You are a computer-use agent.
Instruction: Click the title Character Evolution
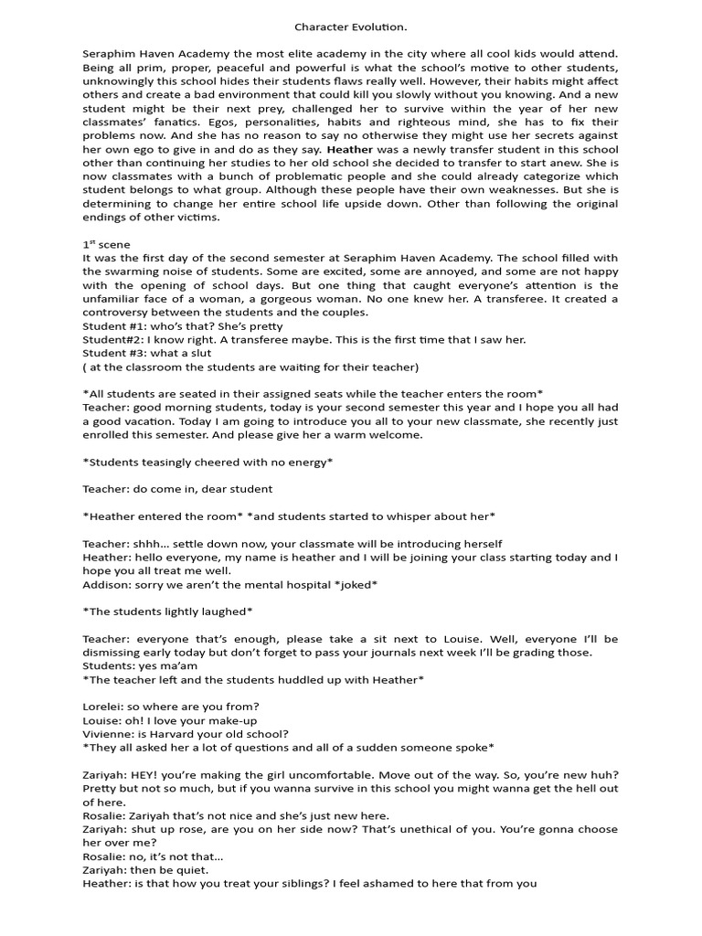coord(350,28)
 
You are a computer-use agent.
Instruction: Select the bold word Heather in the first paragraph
coord(349,148)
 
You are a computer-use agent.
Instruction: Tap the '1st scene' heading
coord(106,245)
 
